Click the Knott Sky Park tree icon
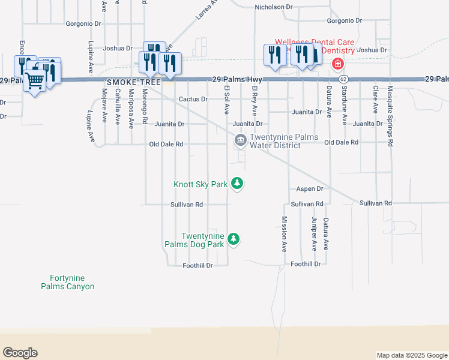(238, 183)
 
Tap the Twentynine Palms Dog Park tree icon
(234, 239)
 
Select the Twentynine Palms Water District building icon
(240, 140)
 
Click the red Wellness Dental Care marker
(338, 63)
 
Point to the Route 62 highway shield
(343, 79)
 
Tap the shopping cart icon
(35, 80)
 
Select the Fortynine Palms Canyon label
(67, 282)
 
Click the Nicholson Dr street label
(273, 7)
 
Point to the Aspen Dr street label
(310, 188)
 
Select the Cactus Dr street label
(193, 99)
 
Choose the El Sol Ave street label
(227, 100)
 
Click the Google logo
(20, 353)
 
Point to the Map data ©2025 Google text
(412, 355)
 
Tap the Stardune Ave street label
(344, 104)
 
